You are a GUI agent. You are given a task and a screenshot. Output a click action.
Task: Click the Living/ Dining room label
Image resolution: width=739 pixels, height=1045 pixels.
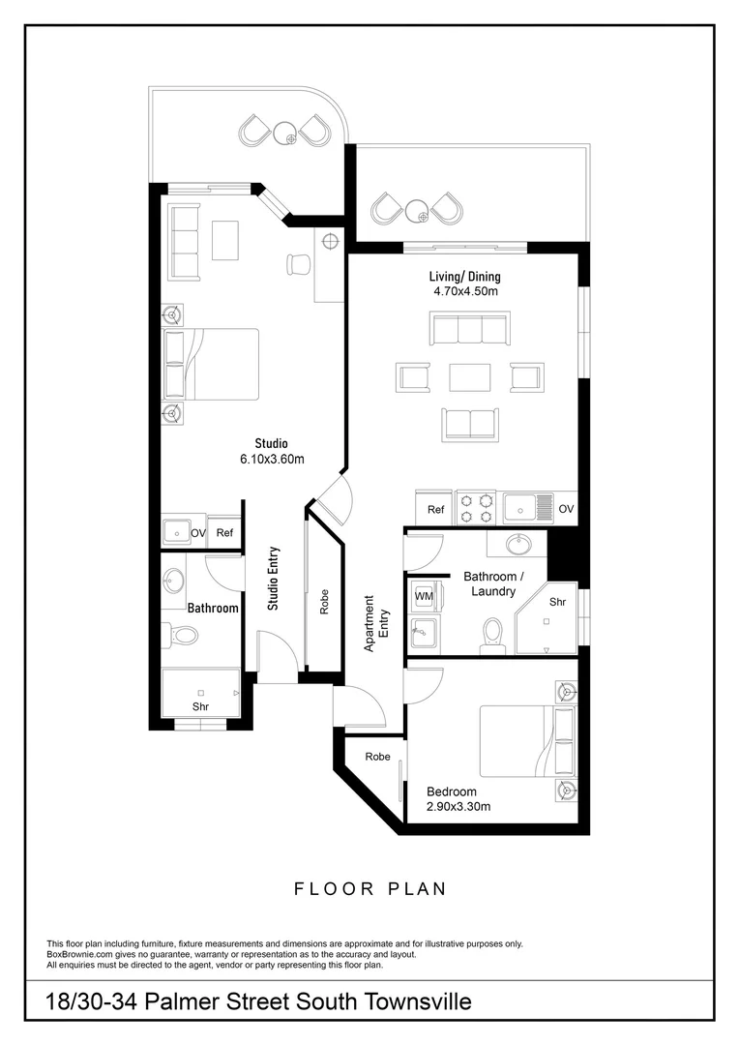464,276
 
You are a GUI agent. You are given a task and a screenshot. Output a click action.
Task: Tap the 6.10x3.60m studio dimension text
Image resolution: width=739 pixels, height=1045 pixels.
272,460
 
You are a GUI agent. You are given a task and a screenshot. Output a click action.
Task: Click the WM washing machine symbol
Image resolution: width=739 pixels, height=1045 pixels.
423,597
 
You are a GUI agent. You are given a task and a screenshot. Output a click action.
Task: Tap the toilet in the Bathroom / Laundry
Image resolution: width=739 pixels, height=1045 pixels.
492,635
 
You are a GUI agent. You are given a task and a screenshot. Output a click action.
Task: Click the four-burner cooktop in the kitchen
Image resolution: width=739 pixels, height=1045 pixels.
476,507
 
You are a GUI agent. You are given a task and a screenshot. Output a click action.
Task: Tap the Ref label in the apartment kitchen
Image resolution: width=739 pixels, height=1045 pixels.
435,509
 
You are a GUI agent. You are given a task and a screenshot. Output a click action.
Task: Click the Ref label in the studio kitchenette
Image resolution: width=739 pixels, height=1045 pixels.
224,533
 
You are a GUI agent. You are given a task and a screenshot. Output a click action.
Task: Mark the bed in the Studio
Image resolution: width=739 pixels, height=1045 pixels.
213,364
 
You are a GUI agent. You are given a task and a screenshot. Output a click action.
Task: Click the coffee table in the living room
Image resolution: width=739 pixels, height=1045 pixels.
469,375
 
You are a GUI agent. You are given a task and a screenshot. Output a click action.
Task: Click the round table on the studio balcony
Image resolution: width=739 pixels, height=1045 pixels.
283,133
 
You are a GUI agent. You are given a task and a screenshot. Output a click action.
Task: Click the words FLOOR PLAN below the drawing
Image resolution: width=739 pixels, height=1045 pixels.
369,888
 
